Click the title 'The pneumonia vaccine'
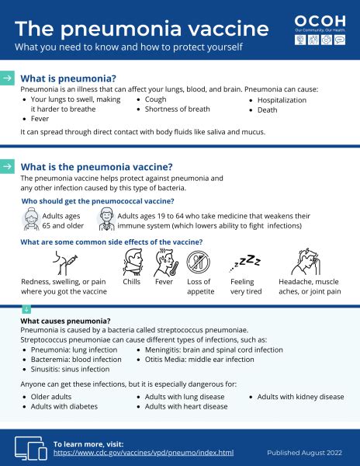(x=142, y=29)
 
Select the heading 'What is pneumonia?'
(x=68, y=78)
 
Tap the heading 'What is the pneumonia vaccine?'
(x=96, y=166)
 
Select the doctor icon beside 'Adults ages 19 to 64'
(x=104, y=220)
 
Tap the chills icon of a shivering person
(x=133, y=263)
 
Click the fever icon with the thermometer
(x=165, y=263)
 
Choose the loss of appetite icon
(x=199, y=263)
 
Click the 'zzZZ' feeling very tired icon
(x=247, y=263)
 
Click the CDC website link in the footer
(x=143, y=452)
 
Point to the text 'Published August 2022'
(x=304, y=452)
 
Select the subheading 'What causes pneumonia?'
(x=65, y=321)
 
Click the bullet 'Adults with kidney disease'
(x=300, y=397)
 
